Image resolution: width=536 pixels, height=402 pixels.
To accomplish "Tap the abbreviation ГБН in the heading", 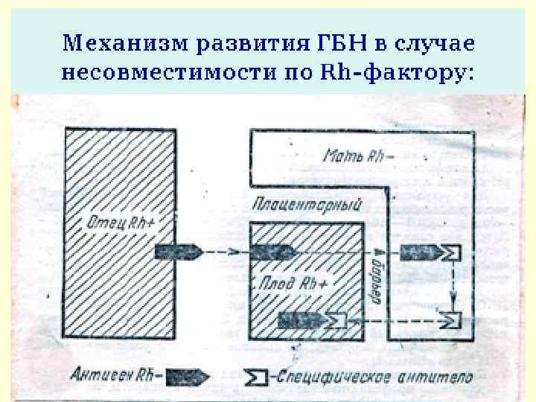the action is tap(319, 42).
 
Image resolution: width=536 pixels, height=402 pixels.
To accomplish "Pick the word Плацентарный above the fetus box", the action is tap(307, 203).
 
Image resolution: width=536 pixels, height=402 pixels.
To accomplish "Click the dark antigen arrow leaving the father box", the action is tap(179, 252).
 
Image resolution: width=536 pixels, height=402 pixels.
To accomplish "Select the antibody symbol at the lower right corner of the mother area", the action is tap(452, 320).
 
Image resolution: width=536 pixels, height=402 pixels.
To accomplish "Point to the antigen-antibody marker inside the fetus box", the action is tap(313, 320).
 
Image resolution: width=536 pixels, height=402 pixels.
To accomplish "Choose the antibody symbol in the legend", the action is tap(255, 377).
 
